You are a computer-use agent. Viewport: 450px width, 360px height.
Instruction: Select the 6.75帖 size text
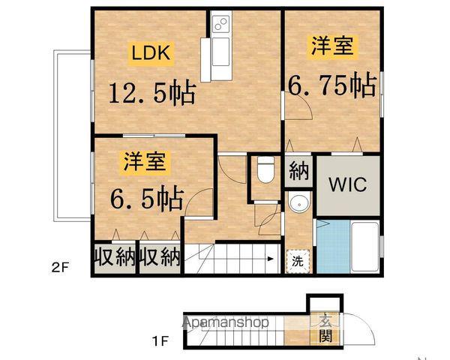(x=331, y=86)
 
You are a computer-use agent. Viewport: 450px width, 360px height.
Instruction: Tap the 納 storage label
(x=298, y=172)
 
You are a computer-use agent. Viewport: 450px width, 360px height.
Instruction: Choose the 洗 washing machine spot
(x=298, y=262)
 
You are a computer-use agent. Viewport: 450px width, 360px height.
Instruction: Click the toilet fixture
(x=262, y=171)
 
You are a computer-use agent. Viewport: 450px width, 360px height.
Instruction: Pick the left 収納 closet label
(x=114, y=258)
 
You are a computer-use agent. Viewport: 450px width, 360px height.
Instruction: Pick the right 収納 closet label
(x=160, y=258)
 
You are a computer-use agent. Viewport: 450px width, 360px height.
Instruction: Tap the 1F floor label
(x=160, y=342)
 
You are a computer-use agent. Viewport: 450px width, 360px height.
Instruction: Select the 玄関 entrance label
(x=325, y=326)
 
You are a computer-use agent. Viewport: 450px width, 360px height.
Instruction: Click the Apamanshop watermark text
(x=225, y=322)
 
